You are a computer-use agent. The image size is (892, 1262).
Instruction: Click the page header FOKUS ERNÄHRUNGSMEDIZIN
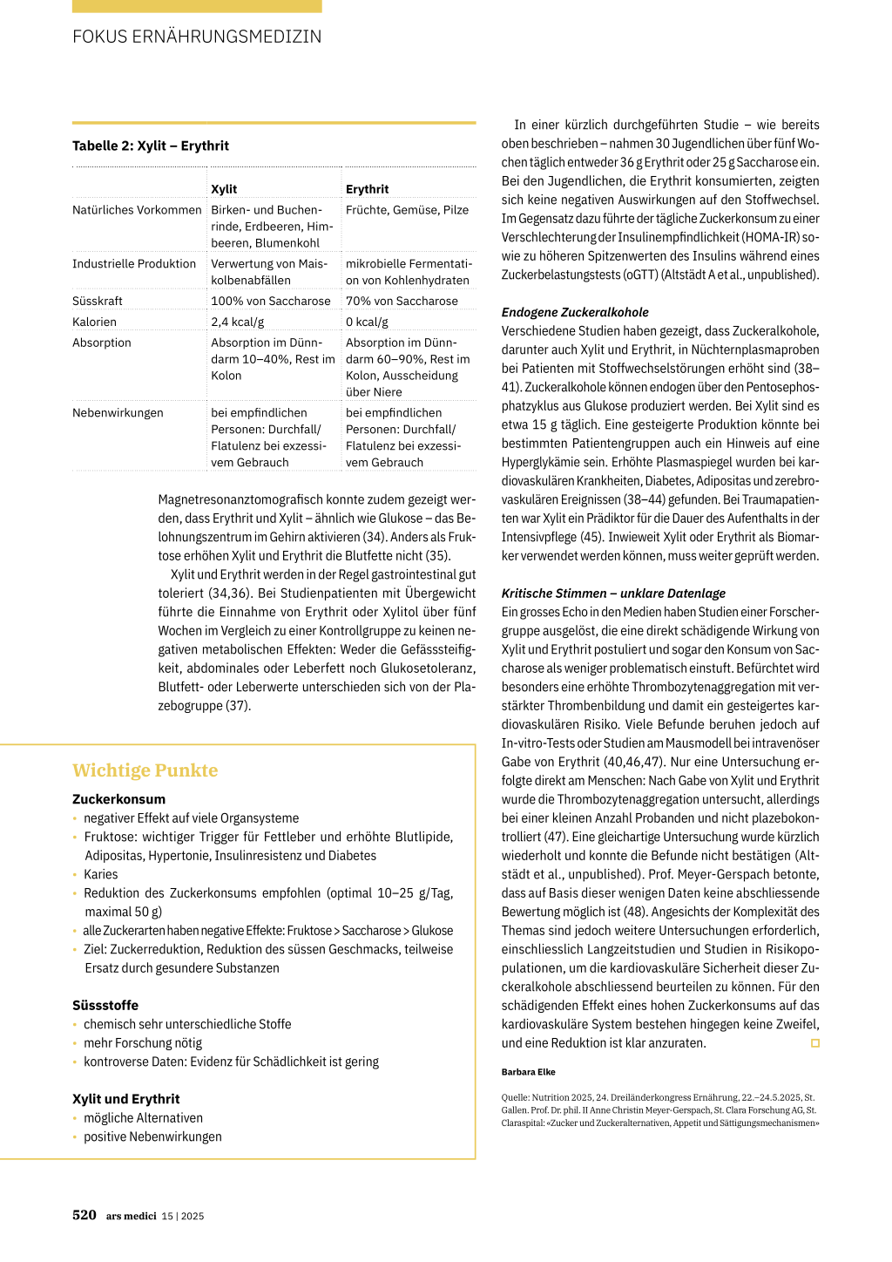coord(197,37)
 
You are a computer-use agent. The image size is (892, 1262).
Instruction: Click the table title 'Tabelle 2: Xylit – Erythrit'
coord(151,146)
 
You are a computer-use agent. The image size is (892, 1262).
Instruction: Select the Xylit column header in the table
coord(224,189)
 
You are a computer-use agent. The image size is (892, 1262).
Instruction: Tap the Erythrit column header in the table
coord(367,189)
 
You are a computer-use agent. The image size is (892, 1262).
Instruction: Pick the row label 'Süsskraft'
coord(98,301)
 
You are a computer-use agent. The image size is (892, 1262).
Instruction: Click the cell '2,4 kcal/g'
coord(237,322)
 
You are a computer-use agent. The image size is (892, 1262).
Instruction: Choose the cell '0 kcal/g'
coord(367,322)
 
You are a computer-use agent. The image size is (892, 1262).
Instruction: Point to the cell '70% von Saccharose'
coord(402,301)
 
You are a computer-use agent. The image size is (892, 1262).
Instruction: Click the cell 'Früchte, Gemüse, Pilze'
coord(407,210)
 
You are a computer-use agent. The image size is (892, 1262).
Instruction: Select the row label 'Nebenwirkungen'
coord(118,413)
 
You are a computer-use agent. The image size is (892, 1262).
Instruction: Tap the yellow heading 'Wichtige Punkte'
coord(145,770)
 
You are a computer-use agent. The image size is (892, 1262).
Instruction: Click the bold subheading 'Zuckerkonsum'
coord(118,799)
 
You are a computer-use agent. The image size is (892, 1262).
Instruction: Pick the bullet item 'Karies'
coord(101,874)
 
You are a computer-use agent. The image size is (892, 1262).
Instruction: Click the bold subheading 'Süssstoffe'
coord(105,1006)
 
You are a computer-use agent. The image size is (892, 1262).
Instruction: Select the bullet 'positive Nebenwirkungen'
coord(152,1136)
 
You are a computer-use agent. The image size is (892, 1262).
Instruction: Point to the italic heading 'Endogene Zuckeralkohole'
coord(575,312)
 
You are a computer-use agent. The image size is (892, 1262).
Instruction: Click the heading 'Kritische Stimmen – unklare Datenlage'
coord(613,594)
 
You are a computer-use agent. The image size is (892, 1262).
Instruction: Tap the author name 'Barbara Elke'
coord(528,1072)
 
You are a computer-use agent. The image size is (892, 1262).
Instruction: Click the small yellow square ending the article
coord(815,1043)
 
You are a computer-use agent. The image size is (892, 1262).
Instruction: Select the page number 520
coord(84,1215)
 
